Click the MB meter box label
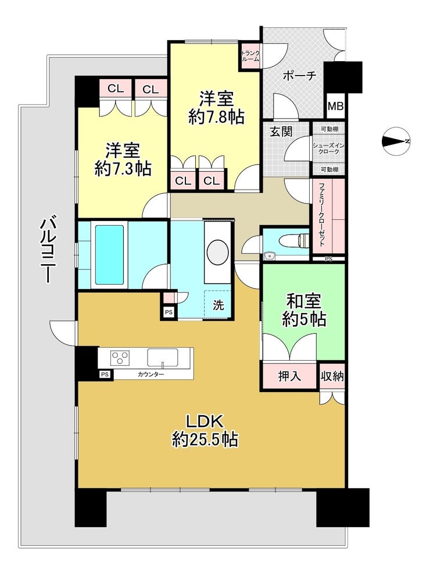click(x=335, y=106)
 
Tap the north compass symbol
click(x=396, y=141)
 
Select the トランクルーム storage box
click(x=250, y=55)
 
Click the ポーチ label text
click(x=299, y=76)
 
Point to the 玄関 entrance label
click(x=281, y=131)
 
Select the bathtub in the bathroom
click(x=109, y=254)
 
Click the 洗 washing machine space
click(x=218, y=305)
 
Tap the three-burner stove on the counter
click(x=120, y=357)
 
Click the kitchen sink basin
click(x=163, y=357)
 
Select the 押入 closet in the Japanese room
click(x=289, y=376)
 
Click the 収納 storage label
click(x=332, y=376)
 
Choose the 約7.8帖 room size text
click(x=217, y=117)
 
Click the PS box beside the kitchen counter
click(x=105, y=374)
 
